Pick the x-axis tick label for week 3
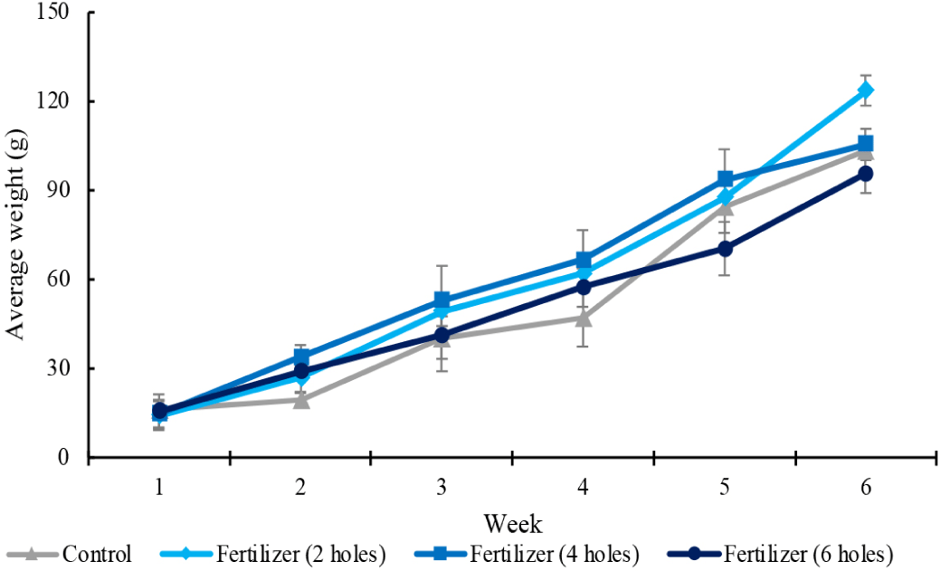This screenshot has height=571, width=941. pyautogui.click(x=442, y=488)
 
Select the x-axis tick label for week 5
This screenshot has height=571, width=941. pyautogui.click(x=725, y=488)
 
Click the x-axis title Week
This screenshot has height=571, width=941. pyautogui.click(x=512, y=523)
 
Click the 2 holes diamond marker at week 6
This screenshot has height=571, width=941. pyautogui.click(x=866, y=90)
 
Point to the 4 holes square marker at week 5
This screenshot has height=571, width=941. pyautogui.click(x=725, y=179)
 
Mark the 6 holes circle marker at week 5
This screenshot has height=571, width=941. pyautogui.click(x=725, y=248)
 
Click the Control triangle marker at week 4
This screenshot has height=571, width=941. pyautogui.click(x=584, y=318)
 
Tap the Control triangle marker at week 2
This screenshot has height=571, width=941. pyautogui.click(x=300, y=399)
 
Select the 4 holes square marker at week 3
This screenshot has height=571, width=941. pyautogui.click(x=442, y=300)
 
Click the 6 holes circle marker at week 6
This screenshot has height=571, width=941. pyautogui.click(x=866, y=174)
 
